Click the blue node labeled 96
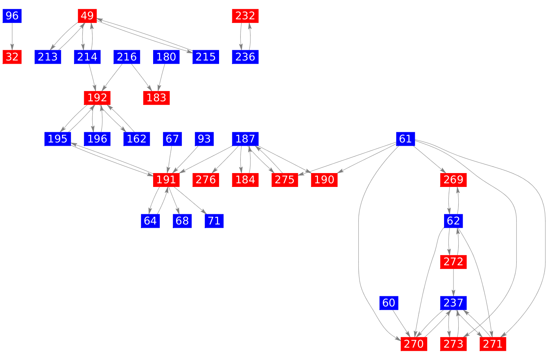(x=12, y=16)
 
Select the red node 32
(x=12, y=57)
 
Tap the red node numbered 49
(x=87, y=16)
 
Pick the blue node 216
(x=127, y=57)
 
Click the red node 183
(x=156, y=98)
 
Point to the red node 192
(x=97, y=98)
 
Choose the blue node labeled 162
(x=137, y=139)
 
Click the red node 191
(x=166, y=180)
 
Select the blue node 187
(x=245, y=139)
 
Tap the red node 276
(x=206, y=180)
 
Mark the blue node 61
(x=405, y=139)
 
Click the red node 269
(x=454, y=180)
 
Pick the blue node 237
(x=454, y=302)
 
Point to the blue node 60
(x=389, y=302)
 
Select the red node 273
(x=454, y=344)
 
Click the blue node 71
(x=214, y=221)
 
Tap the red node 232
(x=245, y=16)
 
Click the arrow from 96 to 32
(x=12, y=36)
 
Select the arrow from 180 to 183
(x=162, y=77)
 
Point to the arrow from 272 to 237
(x=454, y=282)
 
